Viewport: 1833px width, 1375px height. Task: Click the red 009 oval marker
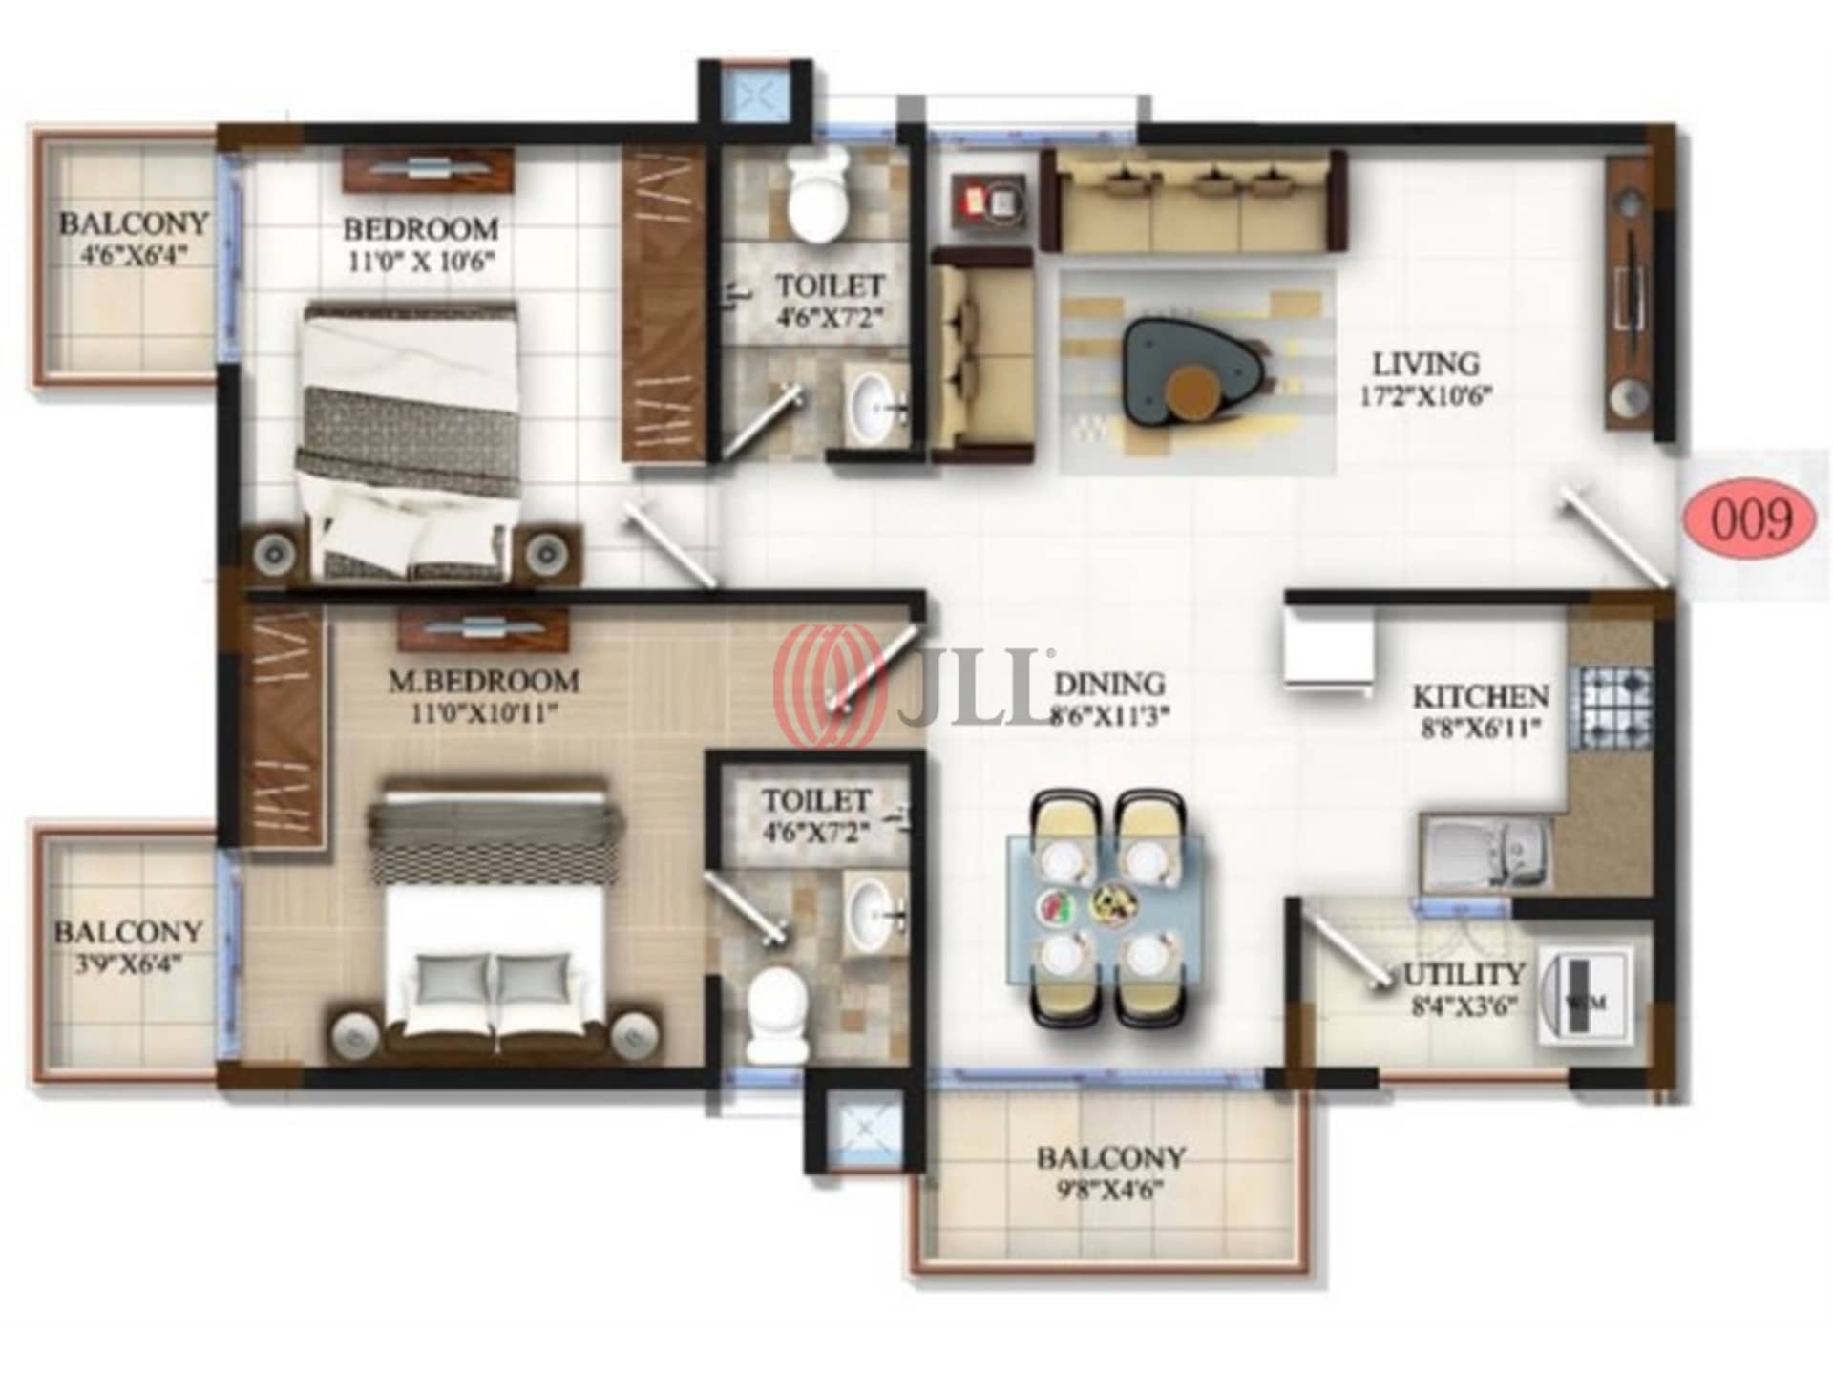click(x=1750, y=520)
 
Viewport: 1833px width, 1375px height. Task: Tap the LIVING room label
click(x=1425, y=364)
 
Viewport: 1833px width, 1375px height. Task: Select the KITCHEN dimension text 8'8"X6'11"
click(x=1481, y=730)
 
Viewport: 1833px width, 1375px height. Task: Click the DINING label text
click(x=1109, y=684)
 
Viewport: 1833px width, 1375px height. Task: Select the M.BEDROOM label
click(x=483, y=682)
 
